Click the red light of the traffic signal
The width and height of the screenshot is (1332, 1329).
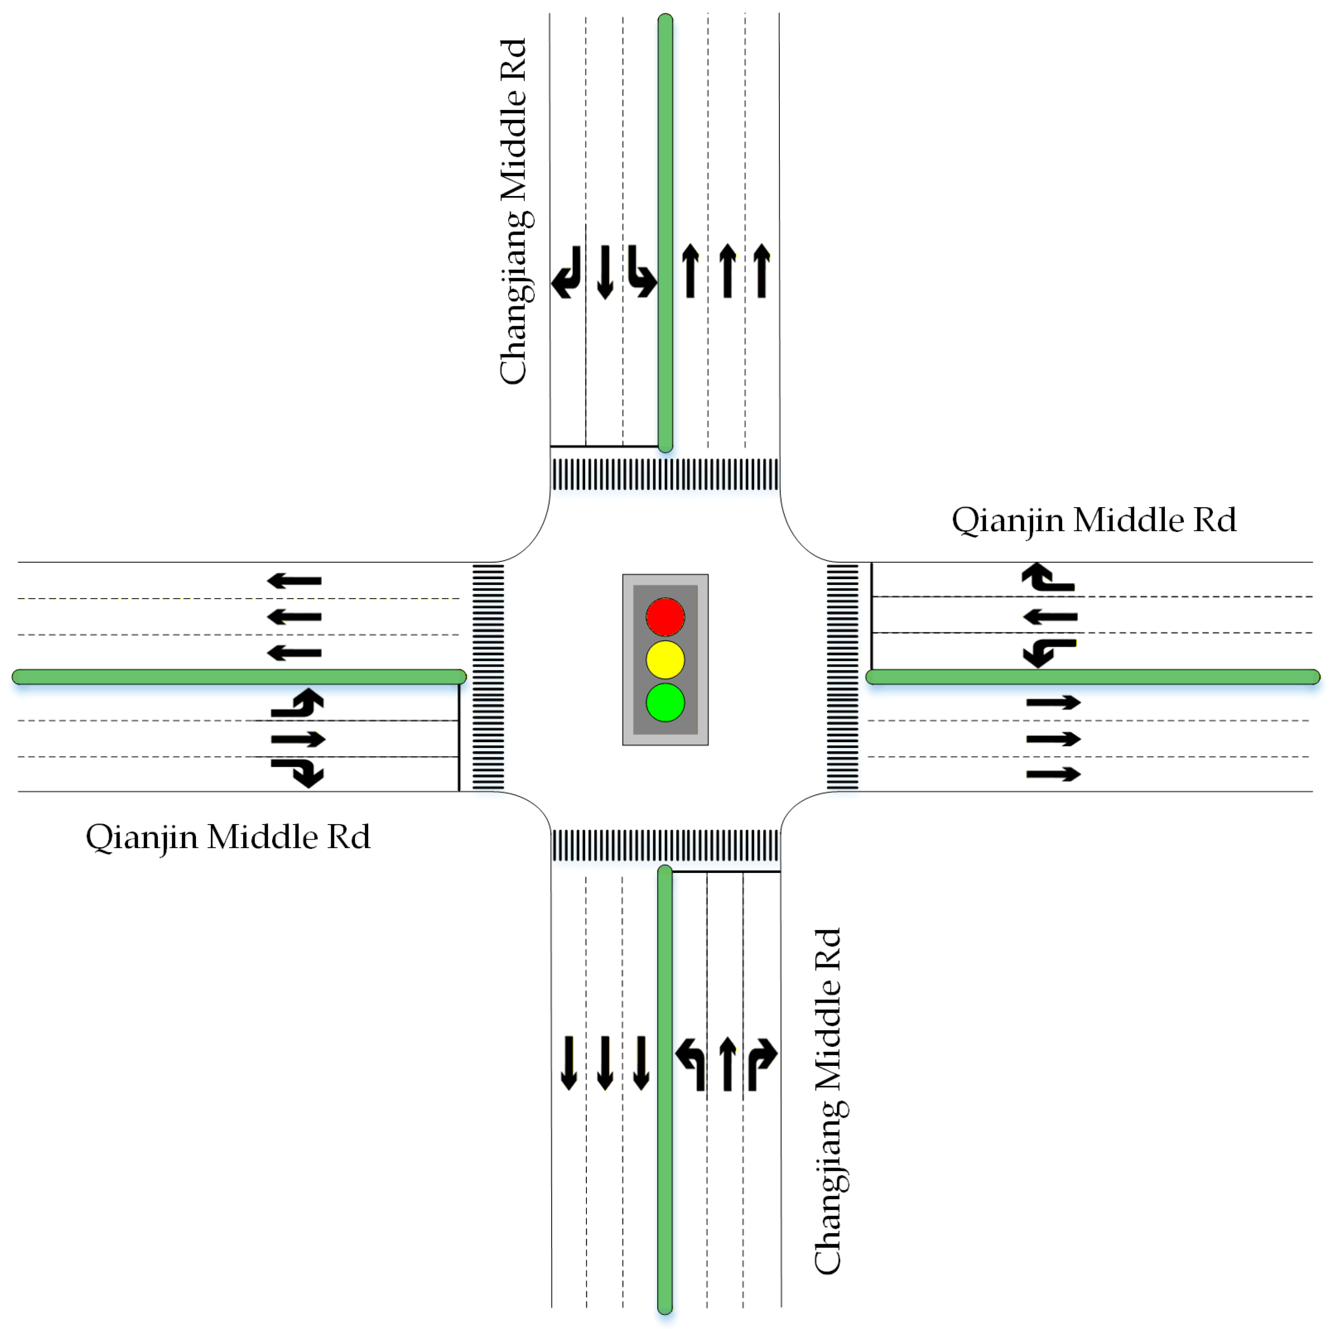(x=665, y=616)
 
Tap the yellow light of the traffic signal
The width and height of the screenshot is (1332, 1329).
(x=665, y=660)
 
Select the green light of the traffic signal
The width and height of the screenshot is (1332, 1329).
(x=665, y=702)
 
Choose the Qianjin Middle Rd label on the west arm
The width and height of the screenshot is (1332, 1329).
(x=228, y=837)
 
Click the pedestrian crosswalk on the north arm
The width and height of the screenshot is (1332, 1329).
(x=665, y=474)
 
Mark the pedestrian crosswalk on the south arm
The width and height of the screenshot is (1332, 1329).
(x=665, y=845)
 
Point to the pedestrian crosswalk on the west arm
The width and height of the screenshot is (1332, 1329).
(x=488, y=677)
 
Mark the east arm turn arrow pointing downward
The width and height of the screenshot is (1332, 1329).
(x=1048, y=652)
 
